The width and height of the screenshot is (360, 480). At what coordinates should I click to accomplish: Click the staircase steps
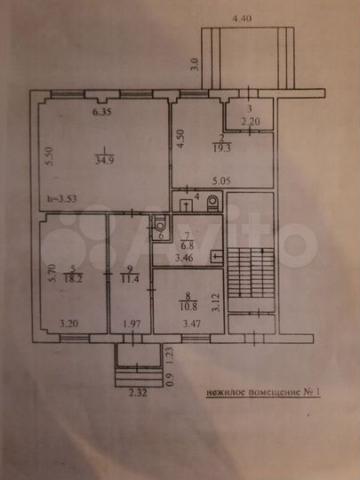[248, 266]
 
